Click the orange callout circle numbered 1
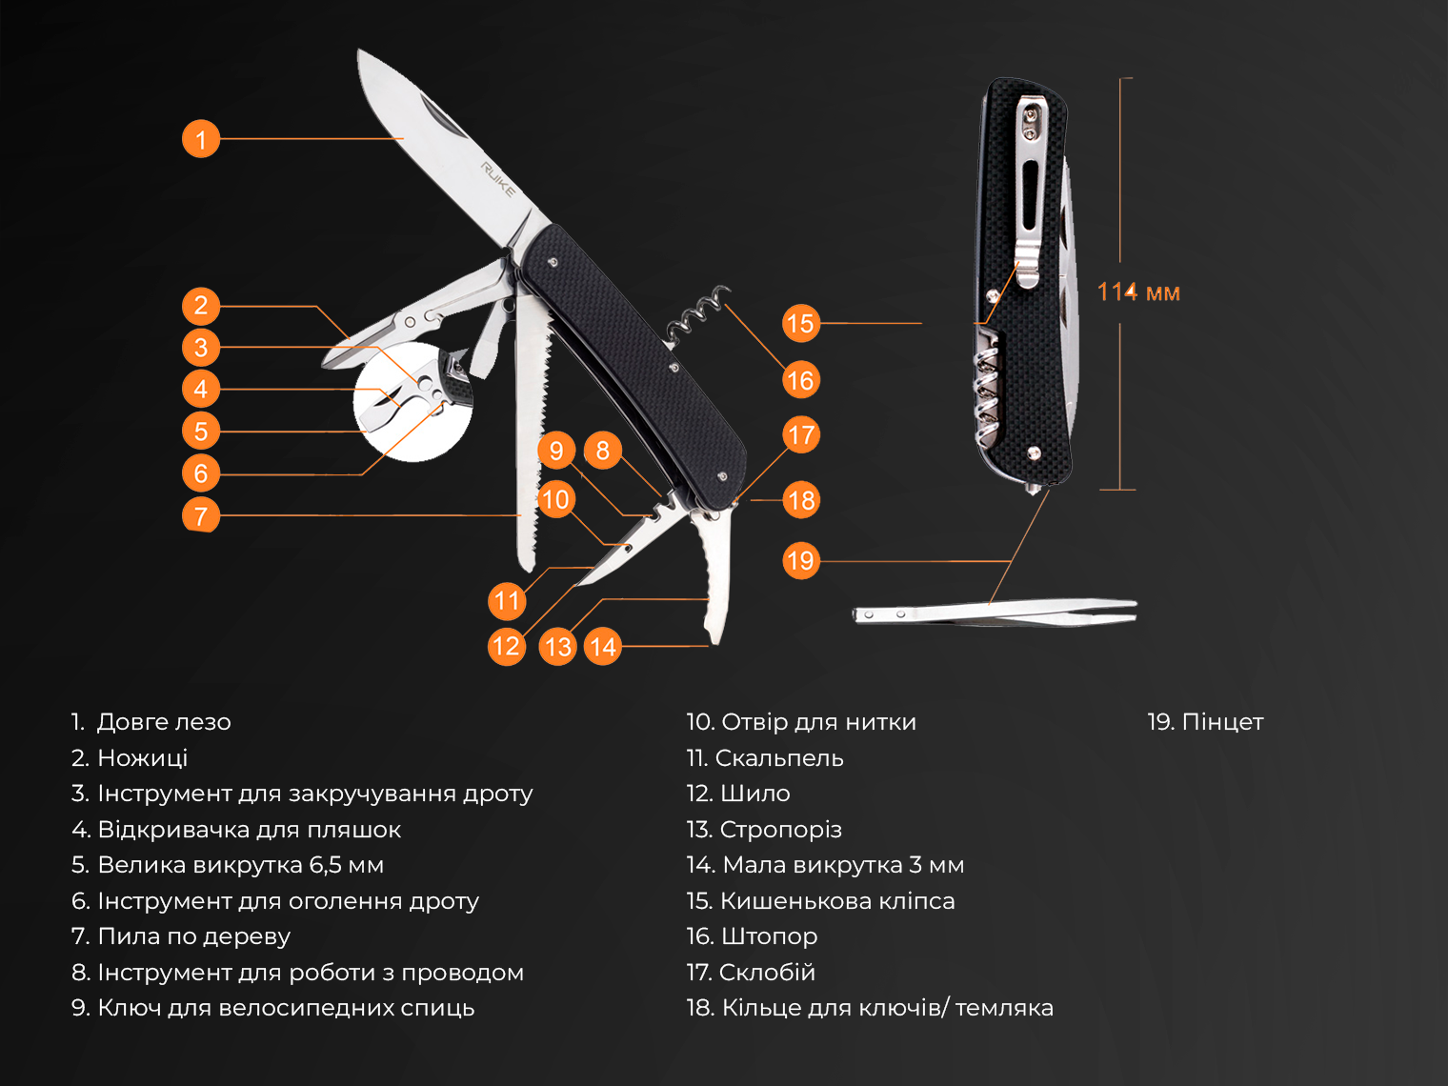tap(201, 138)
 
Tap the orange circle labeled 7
tap(201, 515)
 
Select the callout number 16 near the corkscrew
tap(801, 380)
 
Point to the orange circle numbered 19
tap(801, 560)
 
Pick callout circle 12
tap(507, 646)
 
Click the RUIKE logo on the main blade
tap(498, 179)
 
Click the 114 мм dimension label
tap(1138, 292)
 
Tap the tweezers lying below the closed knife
tap(995, 613)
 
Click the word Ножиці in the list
tap(143, 757)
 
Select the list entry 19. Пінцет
tap(1205, 722)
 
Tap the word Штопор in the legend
tap(769, 936)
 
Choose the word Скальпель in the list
tap(779, 757)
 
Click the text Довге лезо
tap(164, 722)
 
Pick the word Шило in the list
tap(754, 794)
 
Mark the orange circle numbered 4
tap(201, 389)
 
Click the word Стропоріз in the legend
tap(780, 830)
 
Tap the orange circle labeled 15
tap(801, 323)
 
